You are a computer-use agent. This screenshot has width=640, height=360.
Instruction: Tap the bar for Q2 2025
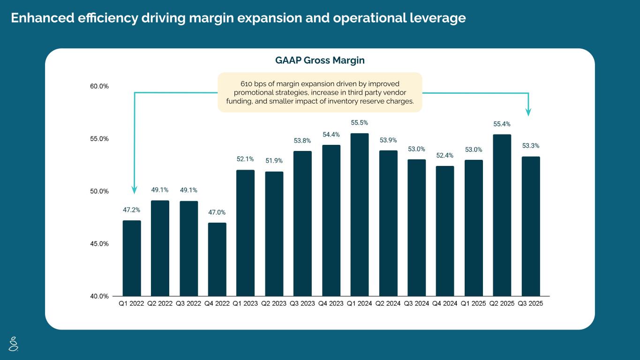[502, 215]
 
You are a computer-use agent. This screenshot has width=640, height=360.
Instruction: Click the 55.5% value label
[359, 123]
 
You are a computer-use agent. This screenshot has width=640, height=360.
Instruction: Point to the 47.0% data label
[217, 212]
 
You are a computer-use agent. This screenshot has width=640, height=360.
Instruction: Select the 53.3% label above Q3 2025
[531, 146]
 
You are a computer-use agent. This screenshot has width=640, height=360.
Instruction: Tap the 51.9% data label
[274, 161]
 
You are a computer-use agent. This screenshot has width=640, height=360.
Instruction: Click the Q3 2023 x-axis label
[302, 304]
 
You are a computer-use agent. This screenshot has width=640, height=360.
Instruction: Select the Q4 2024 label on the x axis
[444, 304]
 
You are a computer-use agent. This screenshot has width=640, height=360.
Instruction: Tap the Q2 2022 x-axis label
[160, 304]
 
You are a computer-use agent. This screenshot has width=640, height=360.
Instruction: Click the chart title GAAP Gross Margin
[320, 60]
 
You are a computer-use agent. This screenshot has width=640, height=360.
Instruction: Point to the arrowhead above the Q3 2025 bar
[528, 112]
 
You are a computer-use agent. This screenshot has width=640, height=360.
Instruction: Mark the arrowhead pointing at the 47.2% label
[135, 190]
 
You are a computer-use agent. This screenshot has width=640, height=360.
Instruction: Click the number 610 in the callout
[246, 83]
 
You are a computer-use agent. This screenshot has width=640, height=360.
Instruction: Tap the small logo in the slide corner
[14, 344]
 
